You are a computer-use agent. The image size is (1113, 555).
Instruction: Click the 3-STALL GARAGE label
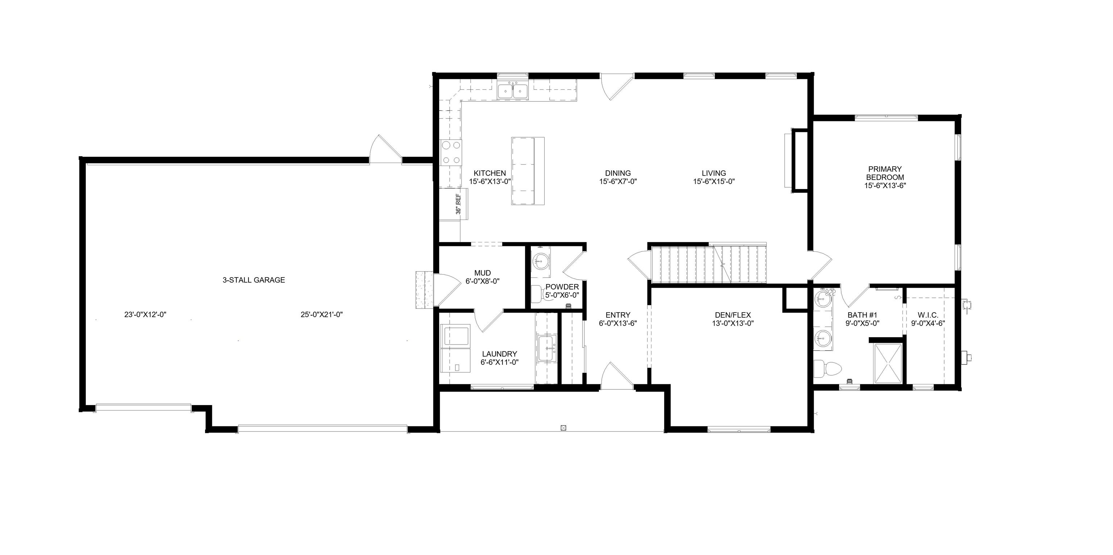(x=254, y=280)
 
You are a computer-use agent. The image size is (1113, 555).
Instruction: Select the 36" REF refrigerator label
(x=458, y=204)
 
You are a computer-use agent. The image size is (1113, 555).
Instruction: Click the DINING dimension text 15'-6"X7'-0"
(x=618, y=182)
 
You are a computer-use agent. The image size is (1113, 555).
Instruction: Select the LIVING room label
(x=713, y=173)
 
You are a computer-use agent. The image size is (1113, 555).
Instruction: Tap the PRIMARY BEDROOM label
(x=884, y=173)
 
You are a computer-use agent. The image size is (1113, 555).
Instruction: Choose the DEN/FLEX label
(x=733, y=315)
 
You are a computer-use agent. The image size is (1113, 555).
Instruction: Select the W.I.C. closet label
(x=925, y=315)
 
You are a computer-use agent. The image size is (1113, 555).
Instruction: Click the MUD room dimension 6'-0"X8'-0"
(x=482, y=281)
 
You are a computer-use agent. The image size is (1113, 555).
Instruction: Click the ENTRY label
(x=617, y=315)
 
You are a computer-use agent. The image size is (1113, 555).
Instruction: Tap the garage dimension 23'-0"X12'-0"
(x=145, y=315)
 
